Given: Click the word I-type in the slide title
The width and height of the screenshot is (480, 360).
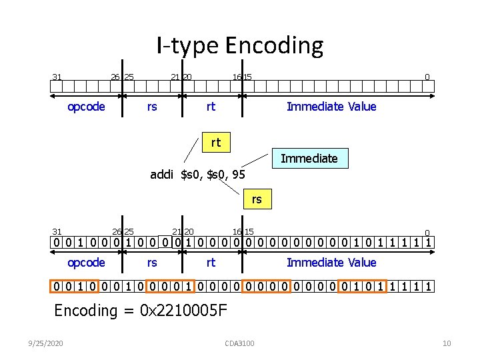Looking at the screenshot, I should tap(188, 46).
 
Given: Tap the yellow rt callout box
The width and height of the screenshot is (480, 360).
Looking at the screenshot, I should tap(215, 142).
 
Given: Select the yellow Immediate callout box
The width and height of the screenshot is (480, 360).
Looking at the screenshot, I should tap(309, 159).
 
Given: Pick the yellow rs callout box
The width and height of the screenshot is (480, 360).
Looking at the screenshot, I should tap(257, 199).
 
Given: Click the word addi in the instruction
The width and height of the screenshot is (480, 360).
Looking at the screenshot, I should tap(162, 175).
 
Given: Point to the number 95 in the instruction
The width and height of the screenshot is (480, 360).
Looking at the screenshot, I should tap(239, 175).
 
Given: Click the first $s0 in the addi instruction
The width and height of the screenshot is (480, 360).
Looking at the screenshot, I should tap(192, 175).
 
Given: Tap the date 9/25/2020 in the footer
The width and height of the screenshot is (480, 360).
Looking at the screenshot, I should tap(47, 343).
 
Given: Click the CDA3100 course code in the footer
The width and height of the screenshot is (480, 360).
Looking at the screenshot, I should tap(240, 343).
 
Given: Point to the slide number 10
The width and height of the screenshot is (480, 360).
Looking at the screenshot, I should tap(447, 343).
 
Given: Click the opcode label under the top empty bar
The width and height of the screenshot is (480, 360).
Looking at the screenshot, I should tap(87, 107).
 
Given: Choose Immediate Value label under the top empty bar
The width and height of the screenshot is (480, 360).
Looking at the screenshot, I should tap(331, 107).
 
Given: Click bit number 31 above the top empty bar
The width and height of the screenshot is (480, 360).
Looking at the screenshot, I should tap(57, 77).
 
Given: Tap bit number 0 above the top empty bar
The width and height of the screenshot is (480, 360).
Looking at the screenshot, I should tap(428, 77).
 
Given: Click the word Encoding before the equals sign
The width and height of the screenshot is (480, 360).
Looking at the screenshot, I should tap(85, 310).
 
